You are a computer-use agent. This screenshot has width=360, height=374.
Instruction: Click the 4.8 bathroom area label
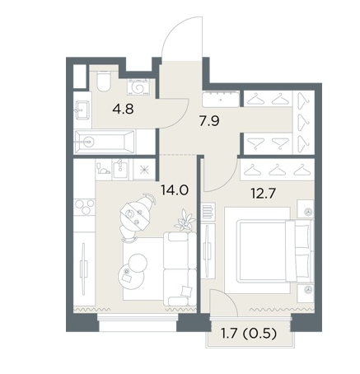123,109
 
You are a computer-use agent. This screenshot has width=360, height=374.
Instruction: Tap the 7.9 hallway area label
209,121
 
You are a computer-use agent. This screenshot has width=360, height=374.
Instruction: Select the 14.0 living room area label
175,190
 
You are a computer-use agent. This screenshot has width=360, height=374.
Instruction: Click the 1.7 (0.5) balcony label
249,334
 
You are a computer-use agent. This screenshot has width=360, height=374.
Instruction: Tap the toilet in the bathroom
104,81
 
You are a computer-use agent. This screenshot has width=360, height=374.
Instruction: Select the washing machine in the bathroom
138,86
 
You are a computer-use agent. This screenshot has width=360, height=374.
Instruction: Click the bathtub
105,142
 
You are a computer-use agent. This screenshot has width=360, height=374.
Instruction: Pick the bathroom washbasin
82,110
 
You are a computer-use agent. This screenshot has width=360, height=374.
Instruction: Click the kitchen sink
120,170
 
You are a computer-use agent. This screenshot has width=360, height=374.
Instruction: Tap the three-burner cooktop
84,207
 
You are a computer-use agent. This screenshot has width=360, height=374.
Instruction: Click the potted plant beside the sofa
185,221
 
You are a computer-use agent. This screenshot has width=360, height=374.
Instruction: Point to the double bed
269,250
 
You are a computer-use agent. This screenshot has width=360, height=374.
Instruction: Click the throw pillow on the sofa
186,291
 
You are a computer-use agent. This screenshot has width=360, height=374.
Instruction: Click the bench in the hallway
221,99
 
